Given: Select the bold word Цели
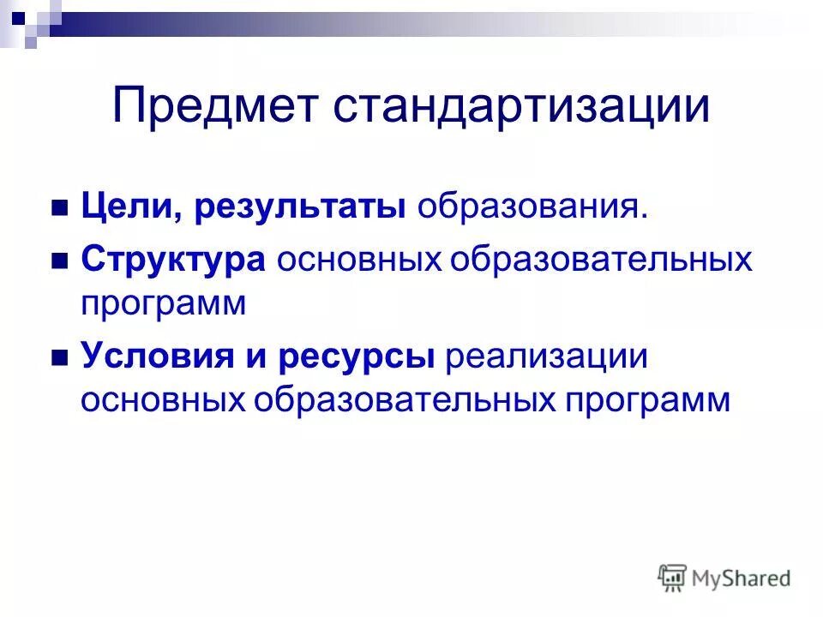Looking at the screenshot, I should [x=129, y=208].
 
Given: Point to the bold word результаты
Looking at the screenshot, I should [x=299, y=208].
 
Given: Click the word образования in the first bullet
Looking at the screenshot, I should [x=532, y=208].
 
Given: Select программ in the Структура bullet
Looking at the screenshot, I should [x=164, y=304].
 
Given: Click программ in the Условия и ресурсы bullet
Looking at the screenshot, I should [x=648, y=400].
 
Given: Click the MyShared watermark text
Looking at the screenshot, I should [x=742, y=579].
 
